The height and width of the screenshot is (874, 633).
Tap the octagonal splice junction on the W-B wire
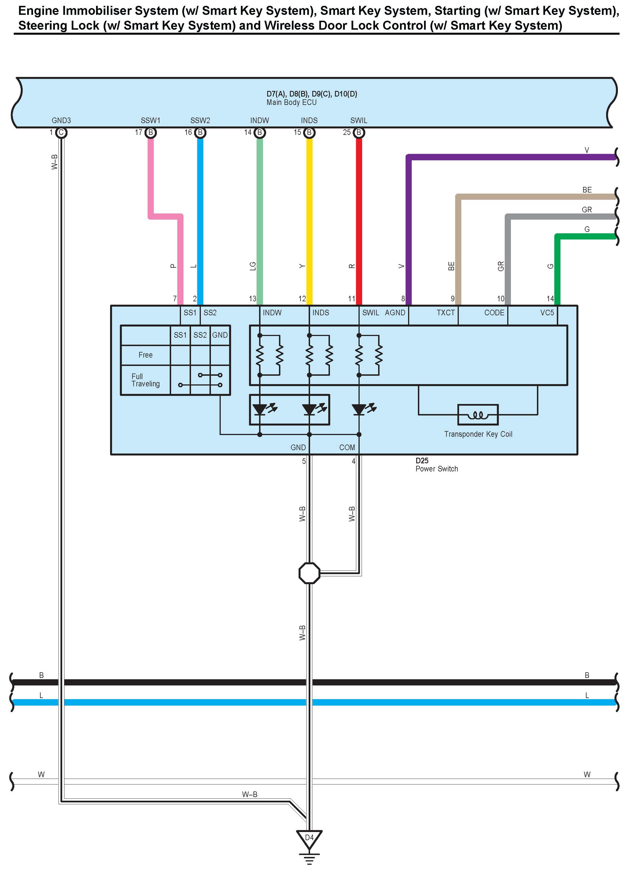(309, 573)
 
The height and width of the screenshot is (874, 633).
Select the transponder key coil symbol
(478, 415)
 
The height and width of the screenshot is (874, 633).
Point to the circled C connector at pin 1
(61, 133)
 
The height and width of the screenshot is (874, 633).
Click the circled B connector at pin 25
(359, 133)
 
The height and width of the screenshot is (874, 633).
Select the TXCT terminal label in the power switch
(446, 313)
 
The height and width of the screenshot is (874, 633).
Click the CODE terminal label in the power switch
(494, 313)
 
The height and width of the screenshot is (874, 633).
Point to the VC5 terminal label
(547, 313)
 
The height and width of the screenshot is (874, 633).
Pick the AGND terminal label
(395, 313)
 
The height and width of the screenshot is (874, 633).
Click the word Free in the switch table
(145, 355)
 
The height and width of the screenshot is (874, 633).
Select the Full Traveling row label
(145, 380)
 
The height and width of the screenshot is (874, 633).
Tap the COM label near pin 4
(347, 447)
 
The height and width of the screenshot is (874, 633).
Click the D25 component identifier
(422, 460)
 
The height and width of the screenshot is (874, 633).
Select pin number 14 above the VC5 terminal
(550, 299)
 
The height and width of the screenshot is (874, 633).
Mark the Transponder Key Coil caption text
(478, 434)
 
